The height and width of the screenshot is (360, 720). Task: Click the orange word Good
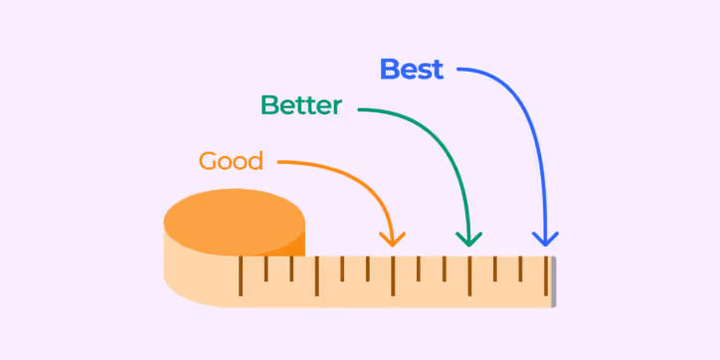click(x=231, y=161)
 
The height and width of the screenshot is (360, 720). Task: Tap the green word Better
click(x=300, y=105)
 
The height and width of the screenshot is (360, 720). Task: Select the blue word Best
click(x=412, y=70)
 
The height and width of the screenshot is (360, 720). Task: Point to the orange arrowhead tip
click(x=394, y=244)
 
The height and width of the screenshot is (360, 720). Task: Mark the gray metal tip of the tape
click(x=553, y=281)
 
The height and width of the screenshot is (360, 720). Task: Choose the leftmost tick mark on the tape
click(x=240, y=275)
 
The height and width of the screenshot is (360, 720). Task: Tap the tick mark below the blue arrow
click(x=545, y=275)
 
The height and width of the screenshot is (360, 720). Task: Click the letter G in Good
click(x=208, y=161)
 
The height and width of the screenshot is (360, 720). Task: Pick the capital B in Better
click(x=270, y=105)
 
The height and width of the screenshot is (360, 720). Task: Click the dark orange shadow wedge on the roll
click(x=295, y=243)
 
